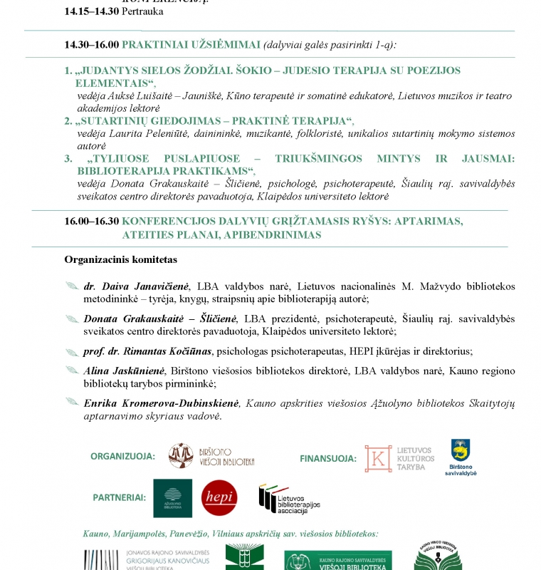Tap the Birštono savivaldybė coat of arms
[x=461, y=452]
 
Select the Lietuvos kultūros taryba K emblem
[x=378, y=458]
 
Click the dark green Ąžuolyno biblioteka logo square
[x=172, y=497]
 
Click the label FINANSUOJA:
[x=328, y=458]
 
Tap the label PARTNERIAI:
[x=119, y=497]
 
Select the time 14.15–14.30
[x=91, y=12]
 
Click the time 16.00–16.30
[x=91, y=221]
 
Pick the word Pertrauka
[x=142, y=12]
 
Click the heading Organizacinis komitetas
[x=120, y=260]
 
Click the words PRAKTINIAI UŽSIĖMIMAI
[x=191, y=44]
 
